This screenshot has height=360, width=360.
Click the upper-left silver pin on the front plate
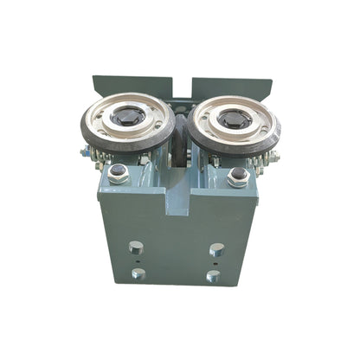136,247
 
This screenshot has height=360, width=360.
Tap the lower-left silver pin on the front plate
138,274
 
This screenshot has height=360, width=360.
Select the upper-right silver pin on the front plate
216,249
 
